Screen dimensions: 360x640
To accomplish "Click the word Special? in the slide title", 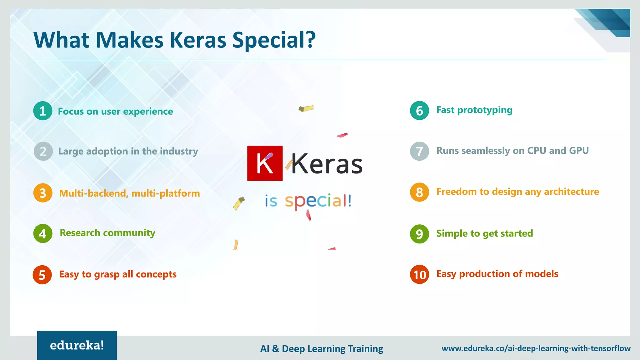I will point(274,40).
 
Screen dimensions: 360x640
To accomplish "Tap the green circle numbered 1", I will point(43,111).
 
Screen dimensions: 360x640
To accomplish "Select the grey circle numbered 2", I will point(43,151).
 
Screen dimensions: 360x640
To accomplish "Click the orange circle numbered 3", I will point(43,193).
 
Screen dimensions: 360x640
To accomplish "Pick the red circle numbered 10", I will point(419,274).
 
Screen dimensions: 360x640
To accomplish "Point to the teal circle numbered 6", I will point(419,111).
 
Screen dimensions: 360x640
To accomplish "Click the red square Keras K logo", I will point(265,163).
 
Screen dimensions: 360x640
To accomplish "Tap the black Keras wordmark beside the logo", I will point(327,164).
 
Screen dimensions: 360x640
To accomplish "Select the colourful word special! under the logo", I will point(318,201).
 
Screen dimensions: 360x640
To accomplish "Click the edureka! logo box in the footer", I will point(77,345).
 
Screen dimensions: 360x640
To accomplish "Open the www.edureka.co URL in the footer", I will point(536,348).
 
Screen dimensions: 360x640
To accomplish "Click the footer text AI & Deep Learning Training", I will point(322,348).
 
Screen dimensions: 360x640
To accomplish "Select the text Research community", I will point(107,233).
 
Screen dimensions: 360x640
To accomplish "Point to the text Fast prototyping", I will point(474,110).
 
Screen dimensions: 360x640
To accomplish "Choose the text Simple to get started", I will point(484,233).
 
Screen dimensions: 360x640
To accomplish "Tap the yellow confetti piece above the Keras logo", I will point(306,108).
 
